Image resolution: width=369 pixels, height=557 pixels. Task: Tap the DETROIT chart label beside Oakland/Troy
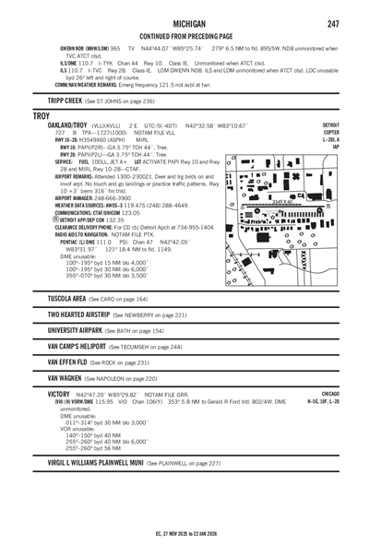click(x=330, y=124)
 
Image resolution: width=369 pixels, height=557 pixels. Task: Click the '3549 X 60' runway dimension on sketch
click(x=284, y=201)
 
